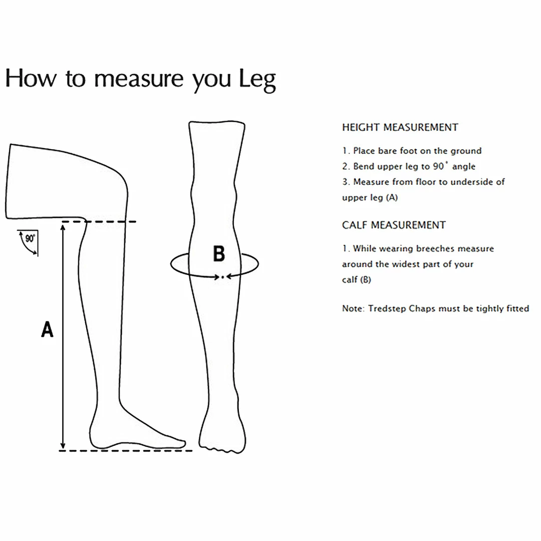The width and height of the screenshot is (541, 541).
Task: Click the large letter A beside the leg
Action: tap(47, 330)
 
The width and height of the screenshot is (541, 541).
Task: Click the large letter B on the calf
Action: tap(219, 254)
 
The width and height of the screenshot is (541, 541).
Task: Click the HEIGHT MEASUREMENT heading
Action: tap(400, 127)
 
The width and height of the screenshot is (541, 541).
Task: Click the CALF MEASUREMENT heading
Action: tap(394, 225)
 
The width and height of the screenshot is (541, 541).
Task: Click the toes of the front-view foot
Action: tap(220, 448)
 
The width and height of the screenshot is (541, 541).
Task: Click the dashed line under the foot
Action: tap(125, 451)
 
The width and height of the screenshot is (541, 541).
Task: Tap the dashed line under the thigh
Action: tap(110, 221)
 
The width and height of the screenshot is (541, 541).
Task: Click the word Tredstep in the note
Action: tap(387, 309)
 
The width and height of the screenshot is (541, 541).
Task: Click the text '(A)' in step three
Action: tap(391, 197)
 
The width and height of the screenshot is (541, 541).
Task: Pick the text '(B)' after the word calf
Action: tap(365, 280)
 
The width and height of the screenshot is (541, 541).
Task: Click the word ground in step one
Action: tap(466, 151)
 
